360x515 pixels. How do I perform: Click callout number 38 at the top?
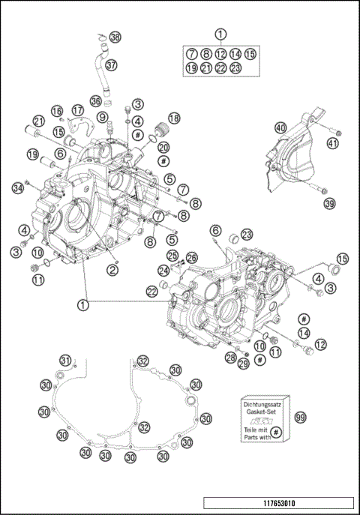pyautogui.click(x=115, y=37)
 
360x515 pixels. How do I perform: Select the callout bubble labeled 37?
pyautogui.click(x=111, y=65)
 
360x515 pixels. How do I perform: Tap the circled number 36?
pyautogui.click(x=95, y=101)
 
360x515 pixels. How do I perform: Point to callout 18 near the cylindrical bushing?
pyautogui.click(x=173, y=118)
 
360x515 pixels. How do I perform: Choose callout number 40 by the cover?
pyautogui.click(x=280, y=128)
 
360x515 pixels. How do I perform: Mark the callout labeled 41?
pyautogui.click(x=333, y=144)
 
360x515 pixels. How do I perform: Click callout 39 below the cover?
pyautogui.click(x=329, y=204)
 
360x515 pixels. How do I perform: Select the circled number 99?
pyautogui.click(x=300, y=417)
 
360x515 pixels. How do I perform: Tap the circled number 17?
pyautogui.click(x=77, y=110)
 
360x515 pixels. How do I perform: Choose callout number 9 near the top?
pyautogui.click(x=100, y=118)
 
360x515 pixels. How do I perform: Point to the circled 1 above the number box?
pyautogui.click(x=220, y=34)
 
